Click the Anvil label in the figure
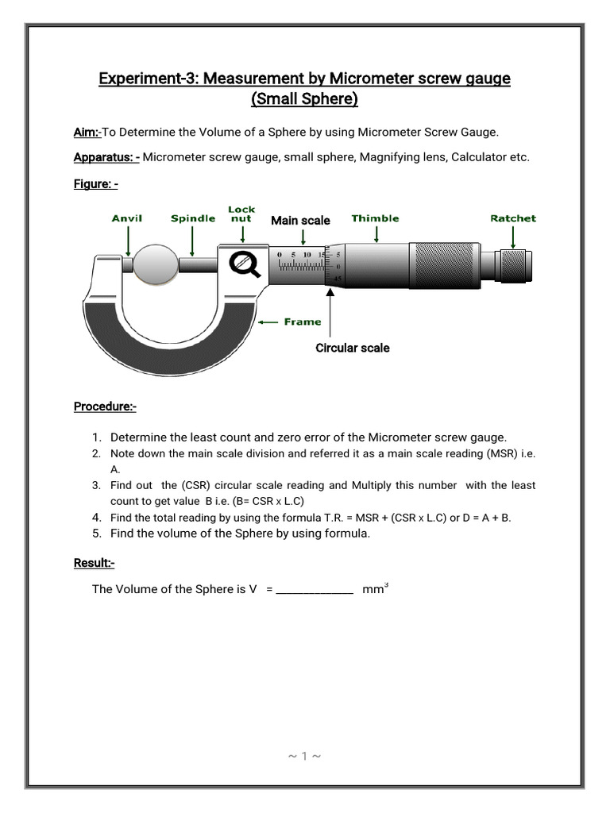(127, 218)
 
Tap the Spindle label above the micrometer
(193, 218)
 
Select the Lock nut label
(241, 214)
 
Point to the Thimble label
(375, 218)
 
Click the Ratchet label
(513, 218)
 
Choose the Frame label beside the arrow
(303, 322)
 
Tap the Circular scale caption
(353, 348)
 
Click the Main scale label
(300, 220)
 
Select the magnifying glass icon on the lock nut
(245, 264)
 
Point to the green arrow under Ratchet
(513, 237)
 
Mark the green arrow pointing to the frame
(269, 322)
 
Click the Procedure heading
(105, 406)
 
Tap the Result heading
(94, 563)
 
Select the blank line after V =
(315, 591)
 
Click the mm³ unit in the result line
(375, 589)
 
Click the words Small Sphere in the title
(305, 99)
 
